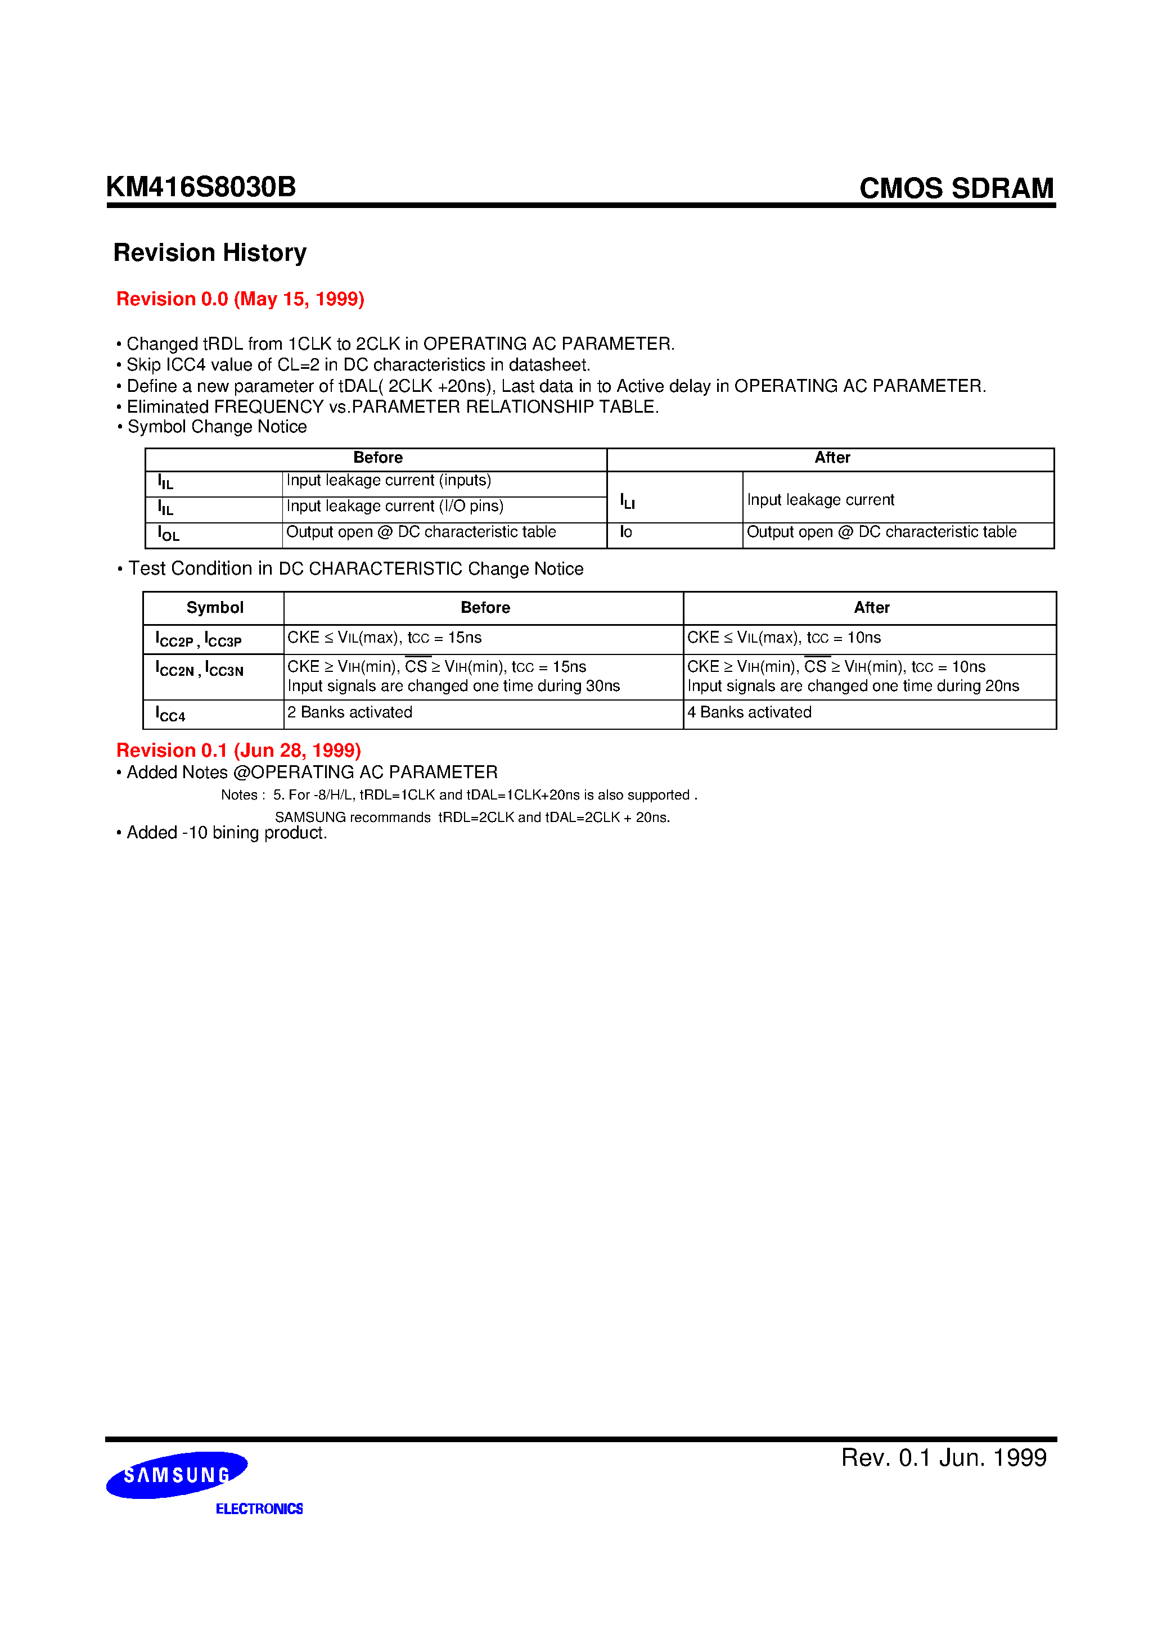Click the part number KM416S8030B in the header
[201, 187]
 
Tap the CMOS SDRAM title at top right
[956, 188]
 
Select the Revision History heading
[209, 253]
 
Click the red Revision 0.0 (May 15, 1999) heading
[240, 299]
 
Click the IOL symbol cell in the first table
[168, 534]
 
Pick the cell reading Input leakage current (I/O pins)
[395, 506]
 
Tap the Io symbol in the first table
[626, 532]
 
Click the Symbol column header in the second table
[214, 607]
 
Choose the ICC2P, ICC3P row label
[199, 639]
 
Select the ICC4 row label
[170, 714]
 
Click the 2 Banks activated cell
[350, 712]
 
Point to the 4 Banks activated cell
[749, 712]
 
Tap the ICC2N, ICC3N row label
[199, 669]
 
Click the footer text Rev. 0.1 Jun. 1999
[944, 1458]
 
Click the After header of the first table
[832, 458]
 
